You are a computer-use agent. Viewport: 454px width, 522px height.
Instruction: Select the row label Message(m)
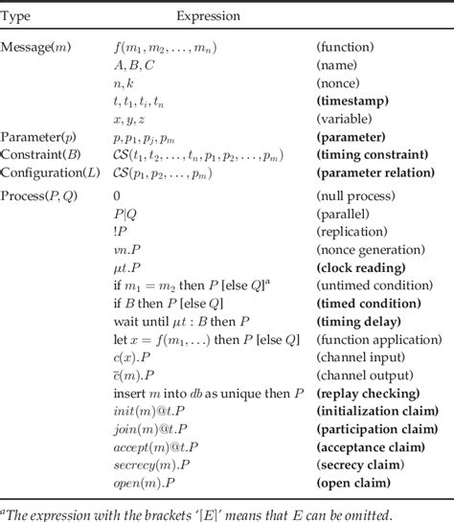click(35, 47)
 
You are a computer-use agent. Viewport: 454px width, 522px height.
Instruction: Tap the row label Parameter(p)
click(40, 138)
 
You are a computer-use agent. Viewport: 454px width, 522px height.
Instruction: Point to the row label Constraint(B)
click(40, 155)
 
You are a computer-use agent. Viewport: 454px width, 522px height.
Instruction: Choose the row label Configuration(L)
click(49, 172)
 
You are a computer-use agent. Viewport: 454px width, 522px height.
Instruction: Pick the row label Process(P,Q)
click(40, 195)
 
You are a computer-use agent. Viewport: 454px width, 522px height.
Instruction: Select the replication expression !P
click(119, 231)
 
